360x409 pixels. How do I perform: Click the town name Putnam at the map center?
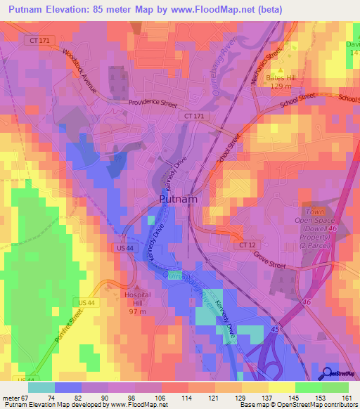[x=178, y=199]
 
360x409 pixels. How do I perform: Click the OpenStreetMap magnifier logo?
[x=328, y=373]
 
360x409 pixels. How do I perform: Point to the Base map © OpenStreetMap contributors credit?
[x=297, y=405]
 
